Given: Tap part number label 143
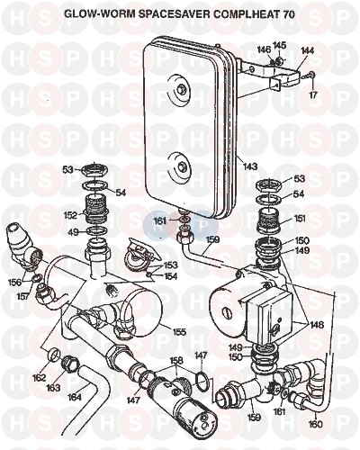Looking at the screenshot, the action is coord(250,166).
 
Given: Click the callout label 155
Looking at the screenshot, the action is coord(178,332).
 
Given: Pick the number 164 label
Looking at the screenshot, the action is coord(74,397).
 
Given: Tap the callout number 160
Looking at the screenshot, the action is coord(315,424).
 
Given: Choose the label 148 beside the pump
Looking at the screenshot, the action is coord(317,325).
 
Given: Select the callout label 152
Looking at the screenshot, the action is coord(71,215).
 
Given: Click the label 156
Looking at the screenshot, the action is coord(15,283).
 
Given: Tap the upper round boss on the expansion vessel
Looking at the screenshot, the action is coord(181,89).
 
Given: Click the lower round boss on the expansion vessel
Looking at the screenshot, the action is coord(182,166).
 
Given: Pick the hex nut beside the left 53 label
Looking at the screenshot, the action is coord(94,171).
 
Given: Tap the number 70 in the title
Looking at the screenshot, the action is coord(288,14).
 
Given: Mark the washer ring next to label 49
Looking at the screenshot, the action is coord(96,231).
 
